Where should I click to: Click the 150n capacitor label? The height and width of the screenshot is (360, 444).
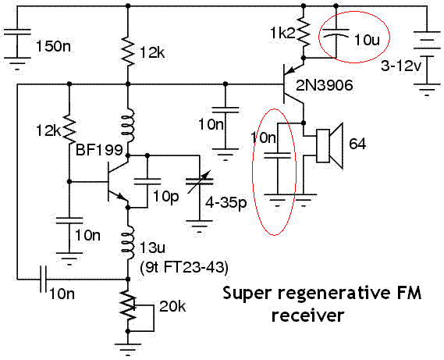(x=53, y=46)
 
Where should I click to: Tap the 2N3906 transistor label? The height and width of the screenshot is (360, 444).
(x=325, y=85)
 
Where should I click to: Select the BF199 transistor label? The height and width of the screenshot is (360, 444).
(x=99, y=150)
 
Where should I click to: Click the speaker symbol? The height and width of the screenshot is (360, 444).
(x=329, y=146)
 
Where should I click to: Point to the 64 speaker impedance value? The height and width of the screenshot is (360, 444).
(x=357, y=144)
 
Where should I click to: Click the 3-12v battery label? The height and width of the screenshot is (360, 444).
(x=400, y=66)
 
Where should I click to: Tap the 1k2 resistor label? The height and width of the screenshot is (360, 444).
(x=282, y=33)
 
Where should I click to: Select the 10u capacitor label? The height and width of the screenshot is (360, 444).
(x=367, y=40)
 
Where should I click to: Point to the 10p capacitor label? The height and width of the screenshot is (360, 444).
(x=166, y=196)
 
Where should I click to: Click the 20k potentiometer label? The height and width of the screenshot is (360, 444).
(x=172, y=306)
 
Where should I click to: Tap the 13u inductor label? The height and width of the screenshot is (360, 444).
(x=152, y=248)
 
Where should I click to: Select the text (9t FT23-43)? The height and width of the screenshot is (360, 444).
(x=184, y=267)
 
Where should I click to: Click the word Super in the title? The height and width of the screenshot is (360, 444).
(x=247, y=293)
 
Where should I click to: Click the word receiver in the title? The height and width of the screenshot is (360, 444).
(x=307, y=315)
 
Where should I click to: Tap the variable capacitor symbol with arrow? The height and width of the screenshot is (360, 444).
(x=199, y=181)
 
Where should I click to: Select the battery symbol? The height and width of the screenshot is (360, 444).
(x=427, y=58)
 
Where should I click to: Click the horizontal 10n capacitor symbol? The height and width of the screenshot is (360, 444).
(x=43, y=280)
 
